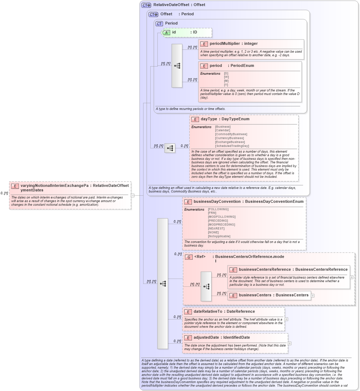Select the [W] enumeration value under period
226,77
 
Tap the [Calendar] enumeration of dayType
223,130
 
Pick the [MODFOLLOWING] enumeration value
221,217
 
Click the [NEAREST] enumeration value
216,228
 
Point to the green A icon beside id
166,32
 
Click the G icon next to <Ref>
189,257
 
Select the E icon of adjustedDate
188,338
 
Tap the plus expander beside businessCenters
313,295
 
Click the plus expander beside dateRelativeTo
286,319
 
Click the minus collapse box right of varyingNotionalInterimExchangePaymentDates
132,195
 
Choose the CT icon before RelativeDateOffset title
146,5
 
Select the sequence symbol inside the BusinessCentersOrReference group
206,286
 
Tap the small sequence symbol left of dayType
170,148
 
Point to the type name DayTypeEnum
235,119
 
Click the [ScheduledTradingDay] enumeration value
232,146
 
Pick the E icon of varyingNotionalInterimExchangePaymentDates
15,186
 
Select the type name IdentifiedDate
236,338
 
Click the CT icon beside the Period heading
159,23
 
